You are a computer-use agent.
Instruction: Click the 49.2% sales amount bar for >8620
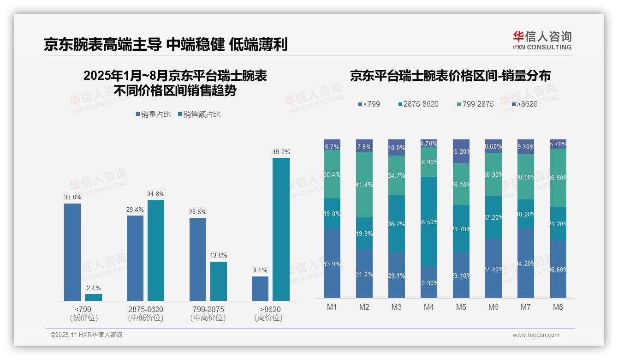pos(281,229)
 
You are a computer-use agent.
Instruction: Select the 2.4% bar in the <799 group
pos(94,297)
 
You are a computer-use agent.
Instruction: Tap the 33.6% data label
pos(72,197)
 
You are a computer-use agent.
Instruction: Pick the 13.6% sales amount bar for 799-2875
pos(219,281)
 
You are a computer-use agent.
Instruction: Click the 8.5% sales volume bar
pos(260,288)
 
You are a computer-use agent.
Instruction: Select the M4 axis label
pos(428,307)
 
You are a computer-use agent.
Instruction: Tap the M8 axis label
pos(558,307)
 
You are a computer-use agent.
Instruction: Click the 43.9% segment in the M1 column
pos(332,264)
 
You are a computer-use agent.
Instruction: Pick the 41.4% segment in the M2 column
pos(364,185)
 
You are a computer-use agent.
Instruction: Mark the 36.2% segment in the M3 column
pos(397,223)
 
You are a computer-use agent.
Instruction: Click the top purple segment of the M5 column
pos(461,151)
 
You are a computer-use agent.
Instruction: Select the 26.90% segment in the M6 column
pos(493,174)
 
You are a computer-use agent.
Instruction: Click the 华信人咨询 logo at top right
pos(542,40)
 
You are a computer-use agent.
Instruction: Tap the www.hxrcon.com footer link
pos(535,335)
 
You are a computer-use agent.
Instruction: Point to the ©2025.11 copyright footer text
pos(86,335)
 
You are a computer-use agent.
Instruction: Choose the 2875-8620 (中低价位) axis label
pos(146,313)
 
